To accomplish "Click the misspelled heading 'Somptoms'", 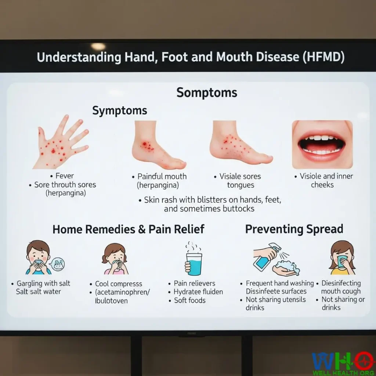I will click(x=207, y=93).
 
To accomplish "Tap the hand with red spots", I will click(x=61, y=143).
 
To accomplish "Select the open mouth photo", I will click(x=322, y=145).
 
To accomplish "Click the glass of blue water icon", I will click(x=194, y=259).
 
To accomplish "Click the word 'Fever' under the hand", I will click(x=65, y=176).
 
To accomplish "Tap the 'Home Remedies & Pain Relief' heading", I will click(x=128, y=229).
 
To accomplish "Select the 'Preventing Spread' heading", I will click(x=294, y=229).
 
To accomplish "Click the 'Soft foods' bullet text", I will click(x=190, y=300).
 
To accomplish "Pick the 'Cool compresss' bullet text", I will click(x=118, y=284).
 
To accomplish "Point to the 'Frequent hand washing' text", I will click(x=280, y=283).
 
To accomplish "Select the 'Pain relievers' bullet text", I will click(x=195, y=283).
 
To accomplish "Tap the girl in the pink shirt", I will click(x=115, y=259).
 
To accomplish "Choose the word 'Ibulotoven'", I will click(x=111, y=301).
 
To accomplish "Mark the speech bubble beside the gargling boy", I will click(x=58, y=264).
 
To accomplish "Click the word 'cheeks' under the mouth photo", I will click(x=322, y=185).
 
